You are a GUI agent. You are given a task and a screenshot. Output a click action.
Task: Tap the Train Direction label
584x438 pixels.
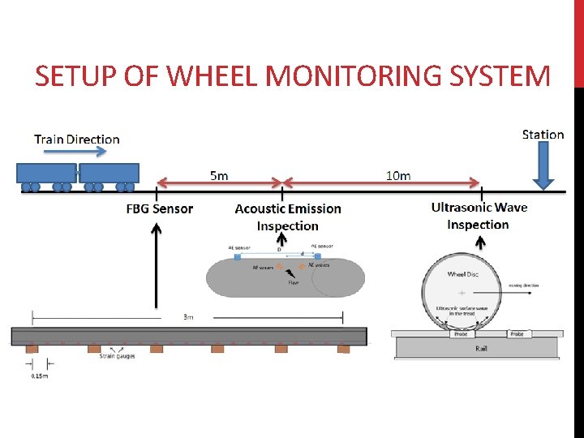(77, 139)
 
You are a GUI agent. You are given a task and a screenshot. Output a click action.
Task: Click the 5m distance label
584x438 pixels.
(219, 175)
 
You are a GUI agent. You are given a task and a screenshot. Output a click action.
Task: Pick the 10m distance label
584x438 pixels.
(398, 175)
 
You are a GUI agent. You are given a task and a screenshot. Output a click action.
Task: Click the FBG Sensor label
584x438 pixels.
(160, 208)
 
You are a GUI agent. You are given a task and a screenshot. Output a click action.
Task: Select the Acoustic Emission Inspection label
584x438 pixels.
(288, 217)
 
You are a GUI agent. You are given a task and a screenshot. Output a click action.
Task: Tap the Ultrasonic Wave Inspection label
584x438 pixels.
(479, 216)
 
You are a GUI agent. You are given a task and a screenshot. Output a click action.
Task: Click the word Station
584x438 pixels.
(543, 135)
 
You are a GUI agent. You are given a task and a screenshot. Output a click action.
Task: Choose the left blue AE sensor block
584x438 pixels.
(237, 256)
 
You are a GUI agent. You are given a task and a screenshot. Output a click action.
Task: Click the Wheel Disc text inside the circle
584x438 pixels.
(462, 274)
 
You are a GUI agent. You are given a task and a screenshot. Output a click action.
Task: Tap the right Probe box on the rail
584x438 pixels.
(519, 333)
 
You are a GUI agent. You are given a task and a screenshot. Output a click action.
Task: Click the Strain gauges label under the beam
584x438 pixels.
(116, 355)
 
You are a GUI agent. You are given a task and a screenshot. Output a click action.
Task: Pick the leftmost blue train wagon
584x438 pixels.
(47, 173)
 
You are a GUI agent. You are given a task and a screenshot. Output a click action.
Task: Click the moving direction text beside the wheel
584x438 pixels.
(524, 286)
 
